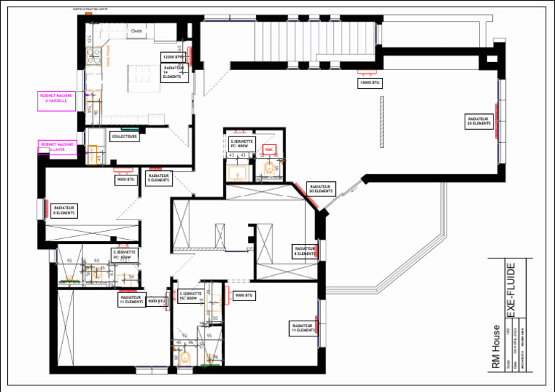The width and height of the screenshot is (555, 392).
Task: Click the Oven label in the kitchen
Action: pyautogui.click(x=136, y=31)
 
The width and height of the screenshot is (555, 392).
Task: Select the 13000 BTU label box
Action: pyautogui.click(x=172, y=56)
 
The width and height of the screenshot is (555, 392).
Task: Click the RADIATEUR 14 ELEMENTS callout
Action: pyautogui.click(x=175, y=71)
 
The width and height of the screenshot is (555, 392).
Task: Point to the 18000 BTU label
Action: pyautogui.click(x=369, y=83)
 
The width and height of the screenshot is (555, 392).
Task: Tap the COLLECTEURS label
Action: pyautogui.click(x=124, y=136)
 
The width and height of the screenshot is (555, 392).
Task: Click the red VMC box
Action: pyautogui.click(x=269, y=150)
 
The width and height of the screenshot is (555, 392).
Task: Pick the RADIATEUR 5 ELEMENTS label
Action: pyautogui.click(x=159, y=178)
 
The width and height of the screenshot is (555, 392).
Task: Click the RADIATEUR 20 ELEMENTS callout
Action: pyautogui.click(x=320, y=188)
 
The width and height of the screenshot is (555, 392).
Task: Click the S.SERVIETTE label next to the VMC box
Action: pyautogui.click(x=240, y=142)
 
